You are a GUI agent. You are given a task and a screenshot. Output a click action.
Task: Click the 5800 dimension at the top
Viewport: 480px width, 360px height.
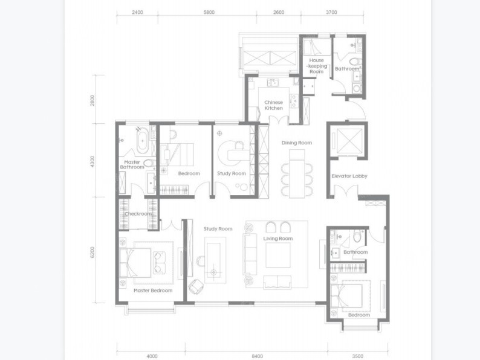click(209, 12)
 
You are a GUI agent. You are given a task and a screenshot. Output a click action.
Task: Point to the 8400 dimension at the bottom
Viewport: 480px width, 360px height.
click(257, 356)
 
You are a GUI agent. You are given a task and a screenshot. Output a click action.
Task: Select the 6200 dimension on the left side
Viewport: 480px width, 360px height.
click(92, 252)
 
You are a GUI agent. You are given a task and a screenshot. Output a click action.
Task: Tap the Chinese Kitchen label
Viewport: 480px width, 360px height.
click(274, 105)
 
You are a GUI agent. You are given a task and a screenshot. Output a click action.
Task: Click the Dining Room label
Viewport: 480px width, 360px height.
click(297, 143)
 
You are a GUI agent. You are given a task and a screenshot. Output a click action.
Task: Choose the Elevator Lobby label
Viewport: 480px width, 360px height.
click(349, 176)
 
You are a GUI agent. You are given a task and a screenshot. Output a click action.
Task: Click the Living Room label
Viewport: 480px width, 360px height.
click(278, 239)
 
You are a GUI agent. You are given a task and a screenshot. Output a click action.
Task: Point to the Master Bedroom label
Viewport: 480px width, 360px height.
click(153, 291)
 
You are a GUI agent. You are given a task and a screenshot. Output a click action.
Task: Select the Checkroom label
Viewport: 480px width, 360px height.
click(138, 214)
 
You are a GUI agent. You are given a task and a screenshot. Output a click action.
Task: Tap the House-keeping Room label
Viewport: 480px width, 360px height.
click(317, 66)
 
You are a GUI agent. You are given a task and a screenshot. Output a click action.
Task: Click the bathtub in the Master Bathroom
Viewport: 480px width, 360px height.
click(143, 141)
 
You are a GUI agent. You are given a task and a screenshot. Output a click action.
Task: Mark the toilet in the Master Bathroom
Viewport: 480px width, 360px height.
click(150, 162)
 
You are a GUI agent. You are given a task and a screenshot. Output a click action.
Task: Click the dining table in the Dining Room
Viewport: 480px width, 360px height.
click(297, 174)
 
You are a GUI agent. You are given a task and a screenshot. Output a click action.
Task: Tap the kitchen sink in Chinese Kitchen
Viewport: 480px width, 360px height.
click(273, 83)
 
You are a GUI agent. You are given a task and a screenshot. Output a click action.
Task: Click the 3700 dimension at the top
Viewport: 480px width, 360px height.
click(331, 12)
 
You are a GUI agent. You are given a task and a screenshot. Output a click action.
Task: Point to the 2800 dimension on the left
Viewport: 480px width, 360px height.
click(92, 101)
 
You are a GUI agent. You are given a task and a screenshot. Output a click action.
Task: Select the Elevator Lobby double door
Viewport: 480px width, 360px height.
click(346, 191)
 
